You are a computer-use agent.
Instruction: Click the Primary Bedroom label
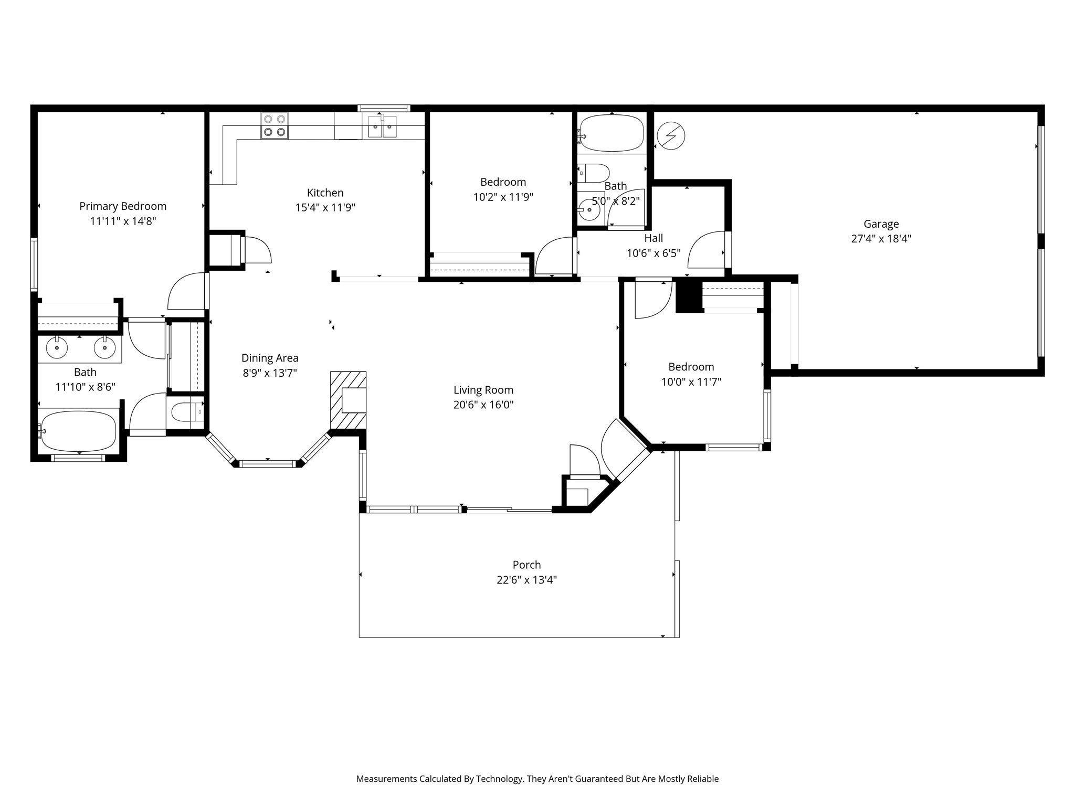click(123, 206)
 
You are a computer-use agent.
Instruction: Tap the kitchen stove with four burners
click(275, 126)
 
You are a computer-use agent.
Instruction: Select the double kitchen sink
click(382, 126)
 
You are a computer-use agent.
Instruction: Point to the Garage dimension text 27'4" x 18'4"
click(881, 239)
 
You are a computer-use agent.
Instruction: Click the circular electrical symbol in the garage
click(671, 136)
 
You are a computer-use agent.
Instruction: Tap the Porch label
click(526, 565)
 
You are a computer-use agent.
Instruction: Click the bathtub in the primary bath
click(79, 431)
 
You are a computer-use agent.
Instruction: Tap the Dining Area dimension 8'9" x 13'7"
click(270, 373)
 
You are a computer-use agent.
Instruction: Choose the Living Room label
click(483, 390)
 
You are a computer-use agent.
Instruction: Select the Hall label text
click(654, 238)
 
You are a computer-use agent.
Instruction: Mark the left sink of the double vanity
click(57, 347)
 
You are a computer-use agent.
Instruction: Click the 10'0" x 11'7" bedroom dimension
click(691, 382)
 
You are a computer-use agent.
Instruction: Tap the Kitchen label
click(325, 193)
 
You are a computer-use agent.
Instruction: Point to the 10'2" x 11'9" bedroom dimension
click(503, 197)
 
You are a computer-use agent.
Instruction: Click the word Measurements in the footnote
click(386, 779)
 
